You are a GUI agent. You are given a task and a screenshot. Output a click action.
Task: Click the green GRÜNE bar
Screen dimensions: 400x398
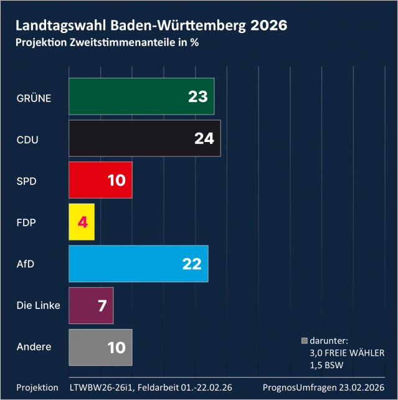pos(141,97)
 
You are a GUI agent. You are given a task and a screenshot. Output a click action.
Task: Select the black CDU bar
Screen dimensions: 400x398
pos(145,138)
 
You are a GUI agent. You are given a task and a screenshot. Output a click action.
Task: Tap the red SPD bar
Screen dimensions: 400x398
pos(100,180)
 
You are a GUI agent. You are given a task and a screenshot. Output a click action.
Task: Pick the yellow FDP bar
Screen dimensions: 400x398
pos(82,222)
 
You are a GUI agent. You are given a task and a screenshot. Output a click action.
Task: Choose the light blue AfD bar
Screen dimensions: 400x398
pos(138,264)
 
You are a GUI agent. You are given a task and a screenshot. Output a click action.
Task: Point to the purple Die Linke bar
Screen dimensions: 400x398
pos(91,305)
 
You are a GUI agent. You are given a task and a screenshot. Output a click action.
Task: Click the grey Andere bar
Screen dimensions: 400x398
pos(100,347)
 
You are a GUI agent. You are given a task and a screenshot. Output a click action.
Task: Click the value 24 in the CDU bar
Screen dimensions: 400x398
pos(204,139)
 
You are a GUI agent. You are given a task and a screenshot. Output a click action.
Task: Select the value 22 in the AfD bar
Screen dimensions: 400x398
pos(191,264)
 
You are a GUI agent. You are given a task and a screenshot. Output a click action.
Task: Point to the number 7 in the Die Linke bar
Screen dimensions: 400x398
pos(103,306)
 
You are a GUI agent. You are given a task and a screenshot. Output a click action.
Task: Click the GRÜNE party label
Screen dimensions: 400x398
pos(34,98)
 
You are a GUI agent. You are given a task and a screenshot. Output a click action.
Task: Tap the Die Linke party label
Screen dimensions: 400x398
pos(38,305)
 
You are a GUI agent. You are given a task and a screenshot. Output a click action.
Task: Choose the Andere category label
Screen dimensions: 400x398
pos(34,346)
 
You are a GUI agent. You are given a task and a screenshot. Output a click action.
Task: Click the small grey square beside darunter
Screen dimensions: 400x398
pos(305,341)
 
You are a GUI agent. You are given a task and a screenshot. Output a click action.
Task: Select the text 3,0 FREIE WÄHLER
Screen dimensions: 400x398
pos(347,353)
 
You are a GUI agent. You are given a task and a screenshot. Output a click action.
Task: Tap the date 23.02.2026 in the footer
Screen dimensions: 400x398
pos(359,388)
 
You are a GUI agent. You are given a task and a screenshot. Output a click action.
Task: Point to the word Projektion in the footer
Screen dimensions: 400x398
pos(37,388)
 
